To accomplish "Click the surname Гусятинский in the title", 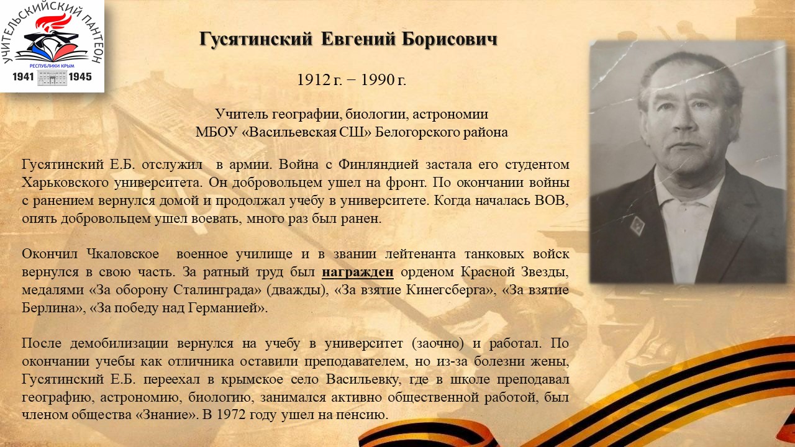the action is (x=255, y=39).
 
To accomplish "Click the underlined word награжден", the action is (x=357, y=273).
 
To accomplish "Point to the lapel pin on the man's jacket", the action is (x=637, y=225).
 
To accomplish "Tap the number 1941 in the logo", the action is (x=23, y=76).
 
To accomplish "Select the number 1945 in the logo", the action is (x=80, y=76).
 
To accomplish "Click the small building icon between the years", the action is (x=52, y=78).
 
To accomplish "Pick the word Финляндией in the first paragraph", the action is (x=378, y=165).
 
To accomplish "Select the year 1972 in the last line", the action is (x=230, y=415).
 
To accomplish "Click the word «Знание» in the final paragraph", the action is (x=166, y=415).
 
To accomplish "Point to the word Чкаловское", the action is (x=123, y=254).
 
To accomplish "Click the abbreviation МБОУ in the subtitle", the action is (x=216, y=132).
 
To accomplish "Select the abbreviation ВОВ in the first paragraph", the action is (x=552, y=201).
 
